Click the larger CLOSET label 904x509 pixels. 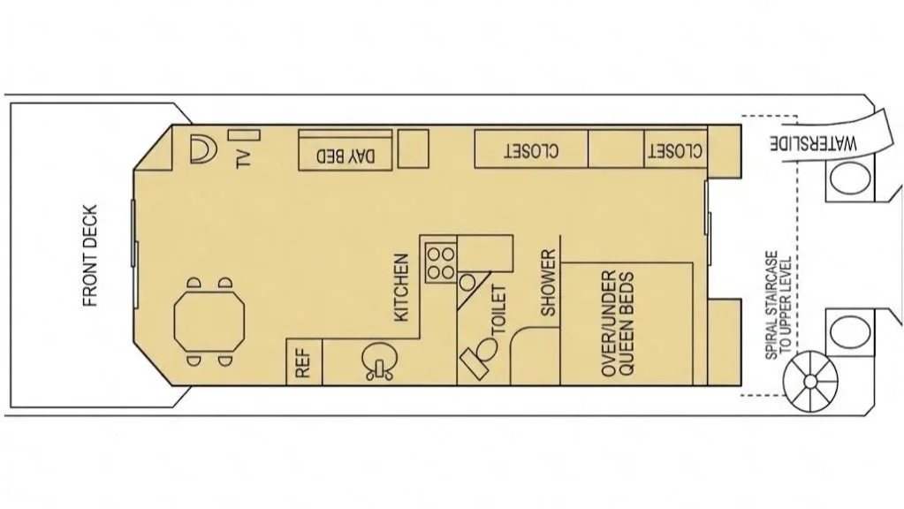point(532,151)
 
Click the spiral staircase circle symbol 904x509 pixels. point(809,381)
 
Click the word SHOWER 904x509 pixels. point(549,282)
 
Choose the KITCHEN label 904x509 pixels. point(401,287)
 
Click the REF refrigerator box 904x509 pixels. point(302,362)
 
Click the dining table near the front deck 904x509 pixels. point(208,323)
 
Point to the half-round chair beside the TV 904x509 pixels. point(202,149)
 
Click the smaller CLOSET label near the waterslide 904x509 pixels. point(675,151)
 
